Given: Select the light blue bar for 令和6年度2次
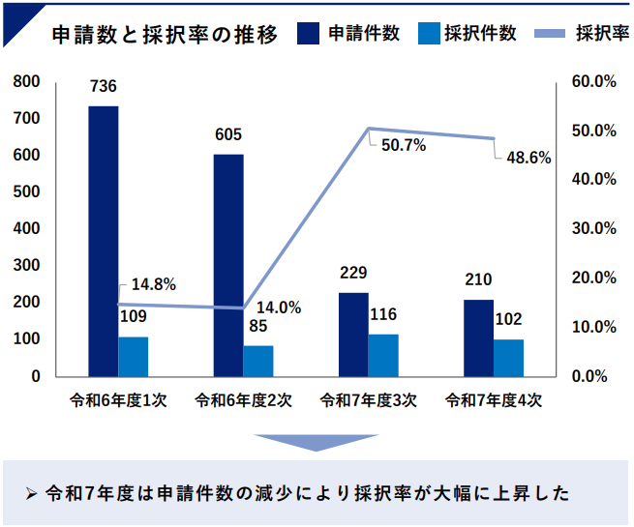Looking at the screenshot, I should click(x=258, y=360).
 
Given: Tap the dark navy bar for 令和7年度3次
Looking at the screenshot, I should click(x=354, y=334).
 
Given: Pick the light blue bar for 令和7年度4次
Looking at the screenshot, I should click(x=508, y=357).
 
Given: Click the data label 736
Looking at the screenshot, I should click(x=104, y=87).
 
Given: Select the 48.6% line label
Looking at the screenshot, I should click(x=529, y=158).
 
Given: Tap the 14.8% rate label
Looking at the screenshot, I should click(x=153, y=284).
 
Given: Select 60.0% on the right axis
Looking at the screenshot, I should click(x=594, y=82).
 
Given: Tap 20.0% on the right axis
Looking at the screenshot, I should click(x=594, y=278).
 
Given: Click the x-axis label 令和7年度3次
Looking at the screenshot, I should click(x=369, y=399).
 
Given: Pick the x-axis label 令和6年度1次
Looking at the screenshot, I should click(x=119, y=399).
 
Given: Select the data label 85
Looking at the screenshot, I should click(x=258, y=326).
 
